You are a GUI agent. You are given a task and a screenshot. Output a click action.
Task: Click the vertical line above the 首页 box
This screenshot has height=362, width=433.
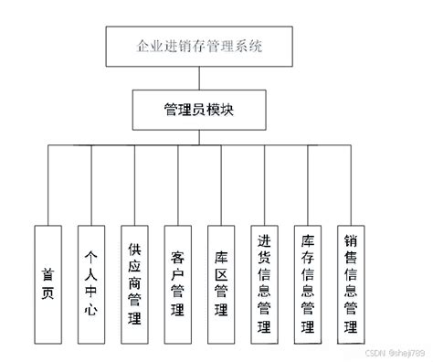tap(48, 183)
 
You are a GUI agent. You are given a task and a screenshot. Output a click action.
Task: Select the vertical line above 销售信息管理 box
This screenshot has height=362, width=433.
tap(352, 183)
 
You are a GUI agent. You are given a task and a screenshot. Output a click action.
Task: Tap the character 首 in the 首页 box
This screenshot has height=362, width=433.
tap(48, 273)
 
